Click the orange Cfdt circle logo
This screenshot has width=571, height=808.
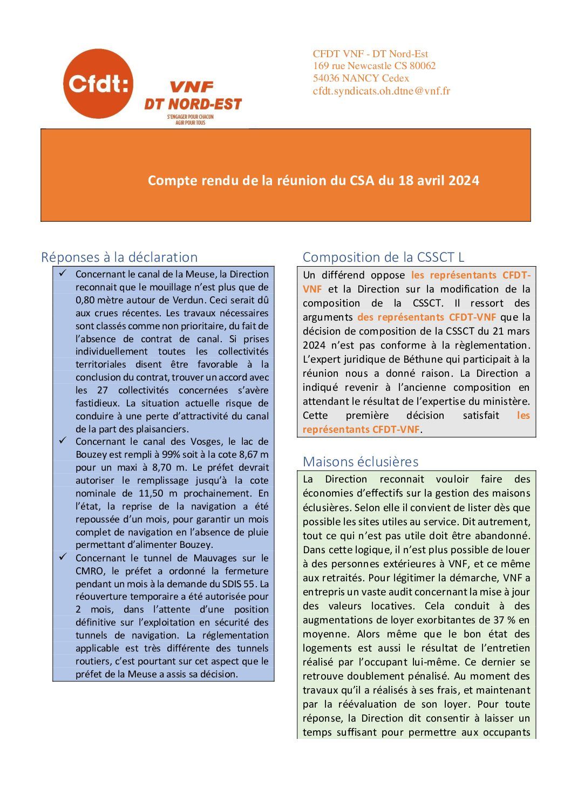coord(98,84)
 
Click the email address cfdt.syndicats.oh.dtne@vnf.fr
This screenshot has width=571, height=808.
coord(381,91)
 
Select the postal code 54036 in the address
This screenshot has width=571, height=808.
coord(326,78)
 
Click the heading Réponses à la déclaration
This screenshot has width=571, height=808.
coord(119,257)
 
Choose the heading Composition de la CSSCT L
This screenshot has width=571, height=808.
coord(383,257)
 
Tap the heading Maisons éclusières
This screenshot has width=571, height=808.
coord(361,461)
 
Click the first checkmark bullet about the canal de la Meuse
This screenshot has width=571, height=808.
coord(63,274)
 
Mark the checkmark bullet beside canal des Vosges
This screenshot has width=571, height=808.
coord(63,441)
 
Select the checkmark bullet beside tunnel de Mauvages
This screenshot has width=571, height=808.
coord(63,557)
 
